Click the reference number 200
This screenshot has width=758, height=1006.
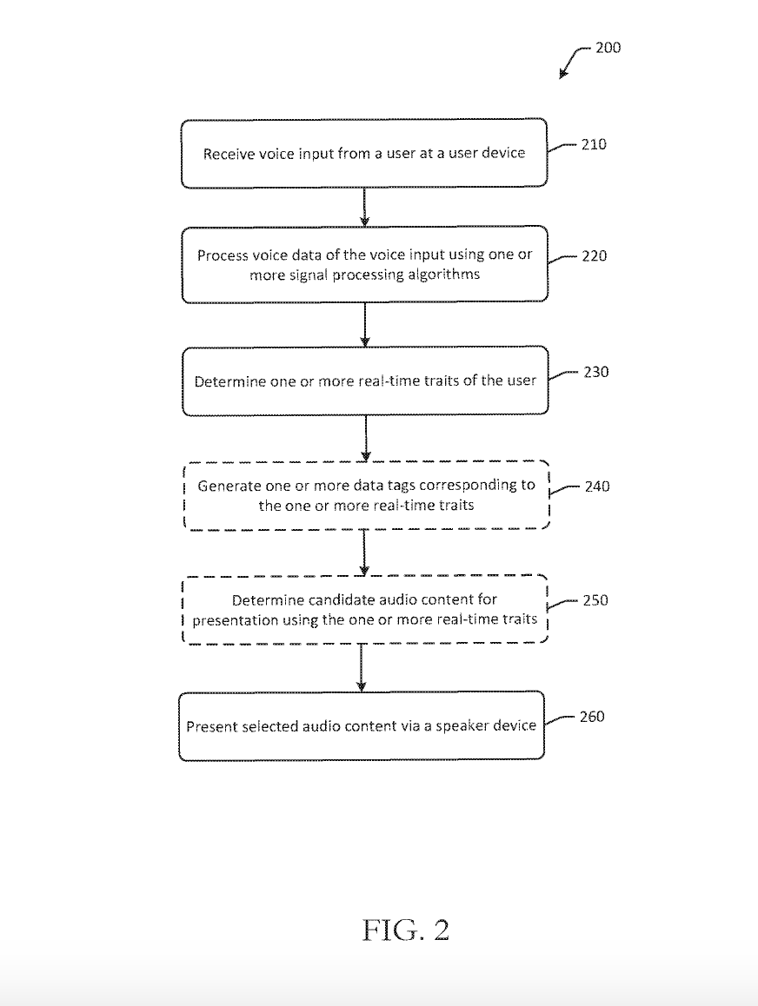tap(608, 48)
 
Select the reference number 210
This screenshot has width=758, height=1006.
tap(594, 144)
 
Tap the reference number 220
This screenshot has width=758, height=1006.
tap(594, 256)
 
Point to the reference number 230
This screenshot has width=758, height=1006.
tap(595, 372)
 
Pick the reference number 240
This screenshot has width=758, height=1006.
tap(597, 486)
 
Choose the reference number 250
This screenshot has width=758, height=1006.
tap(595, 600)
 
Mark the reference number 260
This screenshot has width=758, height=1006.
tap(592, 717)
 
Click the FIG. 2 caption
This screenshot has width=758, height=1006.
tap(405, 930)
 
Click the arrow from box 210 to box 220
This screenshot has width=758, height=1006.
tap(364, 207)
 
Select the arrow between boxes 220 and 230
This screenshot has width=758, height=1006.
tap(364, 324)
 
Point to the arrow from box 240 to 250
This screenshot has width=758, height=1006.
tap(363, 552)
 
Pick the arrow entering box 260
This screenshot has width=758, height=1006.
tap(362, 667)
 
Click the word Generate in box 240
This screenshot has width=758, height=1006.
tap(229, 486)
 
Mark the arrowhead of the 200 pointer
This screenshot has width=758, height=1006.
tap(562, 76)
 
